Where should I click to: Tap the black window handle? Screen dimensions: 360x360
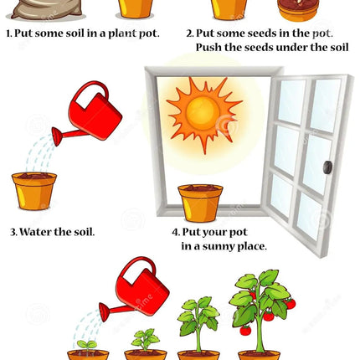coord(327,167)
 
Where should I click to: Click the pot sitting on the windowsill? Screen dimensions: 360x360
coord(200,203)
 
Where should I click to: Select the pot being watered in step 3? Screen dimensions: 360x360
coord(34,191)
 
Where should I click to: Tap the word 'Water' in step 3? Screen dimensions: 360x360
coord(36,232)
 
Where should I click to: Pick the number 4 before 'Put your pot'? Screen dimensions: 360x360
coord(175,232)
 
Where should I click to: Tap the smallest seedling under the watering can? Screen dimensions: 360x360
coord(87,346)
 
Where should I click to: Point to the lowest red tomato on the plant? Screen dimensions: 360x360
coord(245,331)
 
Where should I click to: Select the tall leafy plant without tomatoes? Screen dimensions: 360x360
coord(198,324)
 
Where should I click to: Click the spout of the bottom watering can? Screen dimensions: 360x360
coord(111,311)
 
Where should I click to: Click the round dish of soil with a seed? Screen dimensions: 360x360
coord(298,11)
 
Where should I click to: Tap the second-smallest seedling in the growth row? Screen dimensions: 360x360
coord(145,340)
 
